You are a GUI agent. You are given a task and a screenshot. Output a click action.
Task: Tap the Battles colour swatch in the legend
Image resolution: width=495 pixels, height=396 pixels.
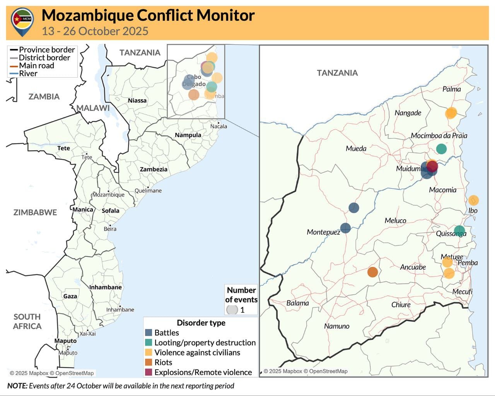point(148,333)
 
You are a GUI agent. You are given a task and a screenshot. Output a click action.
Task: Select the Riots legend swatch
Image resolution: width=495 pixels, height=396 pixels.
point(148,362)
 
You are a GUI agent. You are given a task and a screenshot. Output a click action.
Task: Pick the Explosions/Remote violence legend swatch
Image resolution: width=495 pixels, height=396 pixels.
point(148,372)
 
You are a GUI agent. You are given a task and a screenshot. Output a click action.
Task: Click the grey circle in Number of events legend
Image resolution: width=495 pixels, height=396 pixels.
point(232,310)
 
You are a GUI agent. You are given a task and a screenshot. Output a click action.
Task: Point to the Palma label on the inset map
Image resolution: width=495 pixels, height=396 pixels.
point(451,89)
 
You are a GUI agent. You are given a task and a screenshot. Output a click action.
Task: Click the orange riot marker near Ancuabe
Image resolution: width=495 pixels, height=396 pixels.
point(372,272)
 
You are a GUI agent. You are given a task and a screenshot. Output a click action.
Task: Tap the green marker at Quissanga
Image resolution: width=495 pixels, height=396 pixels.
point(459,231)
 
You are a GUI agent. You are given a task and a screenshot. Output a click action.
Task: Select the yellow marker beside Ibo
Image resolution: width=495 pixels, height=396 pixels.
point(473,200)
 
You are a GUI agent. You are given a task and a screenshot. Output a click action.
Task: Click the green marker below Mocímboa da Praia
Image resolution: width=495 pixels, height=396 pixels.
point(441,148)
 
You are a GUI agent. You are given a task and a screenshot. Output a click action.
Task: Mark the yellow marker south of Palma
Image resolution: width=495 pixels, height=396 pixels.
point(451,113)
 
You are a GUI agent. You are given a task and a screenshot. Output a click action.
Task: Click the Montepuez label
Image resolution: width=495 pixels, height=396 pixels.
point(323,232)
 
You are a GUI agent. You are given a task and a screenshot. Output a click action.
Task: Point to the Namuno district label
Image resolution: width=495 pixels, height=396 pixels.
point(336,326)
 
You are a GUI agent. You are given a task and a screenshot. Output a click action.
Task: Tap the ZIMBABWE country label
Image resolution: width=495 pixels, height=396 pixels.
point(35,212)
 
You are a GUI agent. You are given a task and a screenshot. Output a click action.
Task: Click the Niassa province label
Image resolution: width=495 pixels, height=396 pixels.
point(137,101)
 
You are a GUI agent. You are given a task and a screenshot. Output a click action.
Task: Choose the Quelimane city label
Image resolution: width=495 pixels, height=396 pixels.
point(148,191)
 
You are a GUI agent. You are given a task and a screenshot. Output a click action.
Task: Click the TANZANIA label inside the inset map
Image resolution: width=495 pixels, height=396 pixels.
point(337,73)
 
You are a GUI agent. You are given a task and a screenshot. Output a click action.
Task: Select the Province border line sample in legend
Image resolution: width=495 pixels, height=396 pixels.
point(14,50)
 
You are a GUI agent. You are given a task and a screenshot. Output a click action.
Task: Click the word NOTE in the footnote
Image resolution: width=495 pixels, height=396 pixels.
point(17,386)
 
